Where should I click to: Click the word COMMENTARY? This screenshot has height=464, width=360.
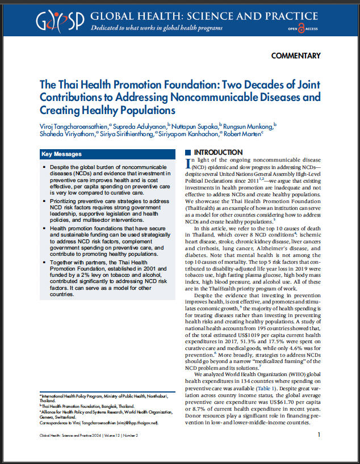[296, 56]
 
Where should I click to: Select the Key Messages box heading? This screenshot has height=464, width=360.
[61, 154]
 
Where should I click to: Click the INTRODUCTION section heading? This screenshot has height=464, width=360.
[218, 153]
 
